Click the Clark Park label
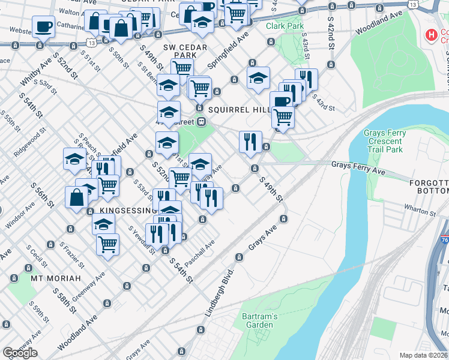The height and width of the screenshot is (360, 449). click(285, 26)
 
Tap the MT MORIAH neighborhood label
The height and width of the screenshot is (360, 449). click(50, 279)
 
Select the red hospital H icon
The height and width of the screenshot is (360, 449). click(430, 35)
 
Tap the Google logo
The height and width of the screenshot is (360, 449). click(20, 353)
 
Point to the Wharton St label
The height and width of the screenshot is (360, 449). click(419, 212)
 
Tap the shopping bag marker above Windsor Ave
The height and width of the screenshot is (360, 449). click(77, 197)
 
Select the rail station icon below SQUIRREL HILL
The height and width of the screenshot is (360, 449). click(202, 121)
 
